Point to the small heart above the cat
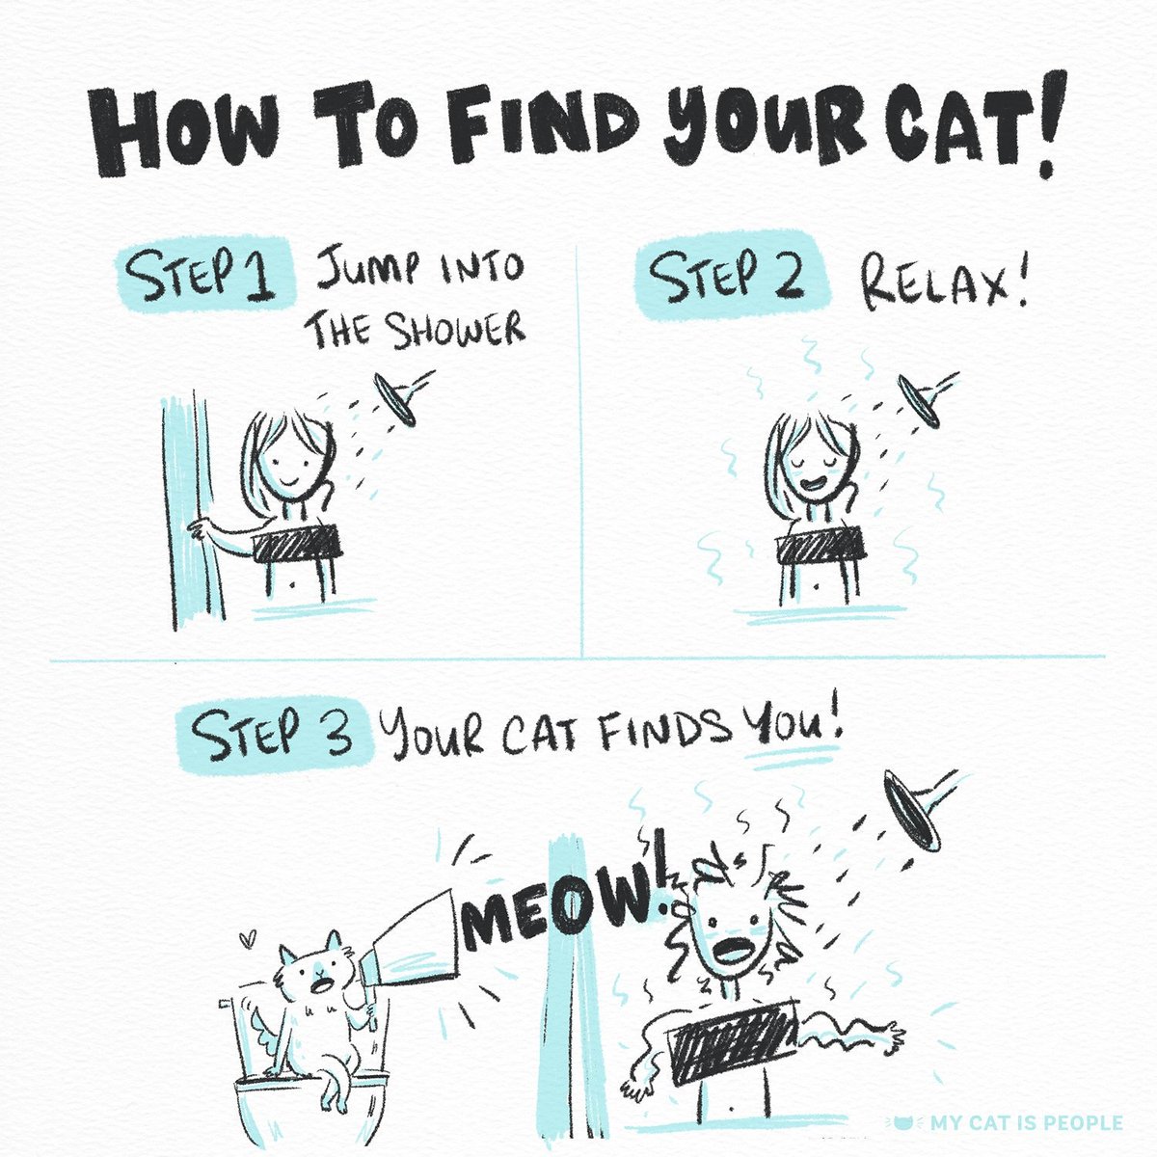[250, 936]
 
